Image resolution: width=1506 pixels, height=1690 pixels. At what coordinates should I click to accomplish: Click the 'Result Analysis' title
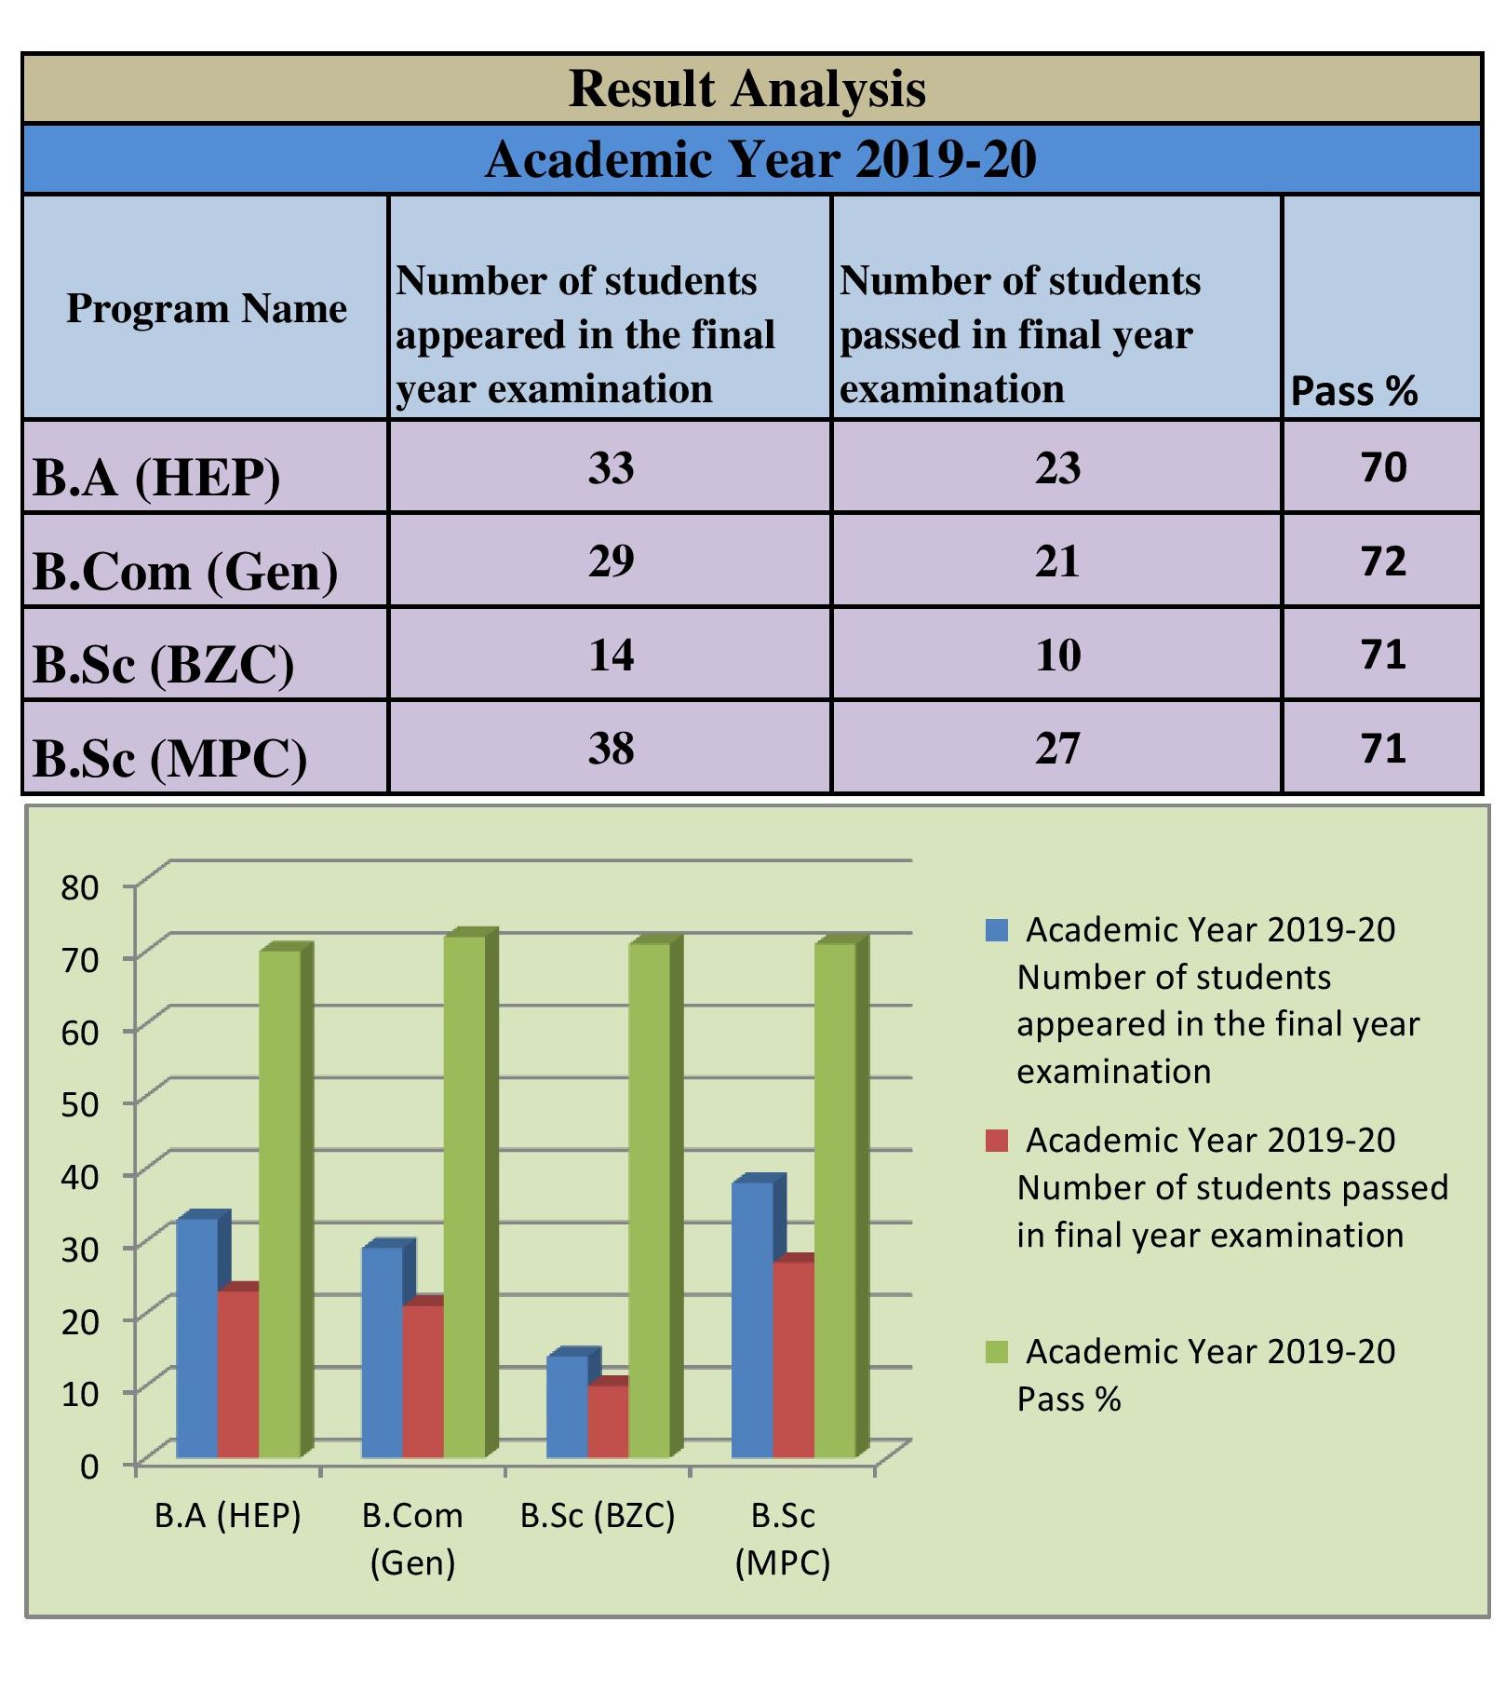click(x=747, y=89)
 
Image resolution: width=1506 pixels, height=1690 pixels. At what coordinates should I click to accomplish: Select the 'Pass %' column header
click(x=1353, y=391)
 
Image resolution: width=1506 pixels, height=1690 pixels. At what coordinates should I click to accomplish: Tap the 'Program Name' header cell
click(x=206, y=308)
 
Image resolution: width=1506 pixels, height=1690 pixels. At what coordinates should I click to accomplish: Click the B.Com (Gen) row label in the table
click(x=185, y=571)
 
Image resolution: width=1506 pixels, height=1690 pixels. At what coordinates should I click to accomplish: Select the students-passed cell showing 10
click(x=1057, y=655)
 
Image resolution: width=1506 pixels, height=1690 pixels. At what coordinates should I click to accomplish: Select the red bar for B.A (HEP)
click(x=238, y=1373)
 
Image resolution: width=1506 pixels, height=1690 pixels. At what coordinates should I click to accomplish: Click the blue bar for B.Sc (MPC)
click(x=752, y=1319)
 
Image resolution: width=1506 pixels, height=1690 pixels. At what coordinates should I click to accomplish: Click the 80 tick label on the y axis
click(x=80, y=887)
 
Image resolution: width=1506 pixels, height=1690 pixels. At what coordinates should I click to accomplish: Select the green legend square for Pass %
click(x=997, y=1352)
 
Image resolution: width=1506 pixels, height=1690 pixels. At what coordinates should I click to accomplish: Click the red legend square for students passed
click(x=997, y=1141)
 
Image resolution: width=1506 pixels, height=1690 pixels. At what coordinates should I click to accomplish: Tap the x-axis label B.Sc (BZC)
click(x=598, y=1516)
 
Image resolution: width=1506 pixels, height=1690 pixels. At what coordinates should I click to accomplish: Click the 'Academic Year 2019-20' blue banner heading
click(x=760, y=159)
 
